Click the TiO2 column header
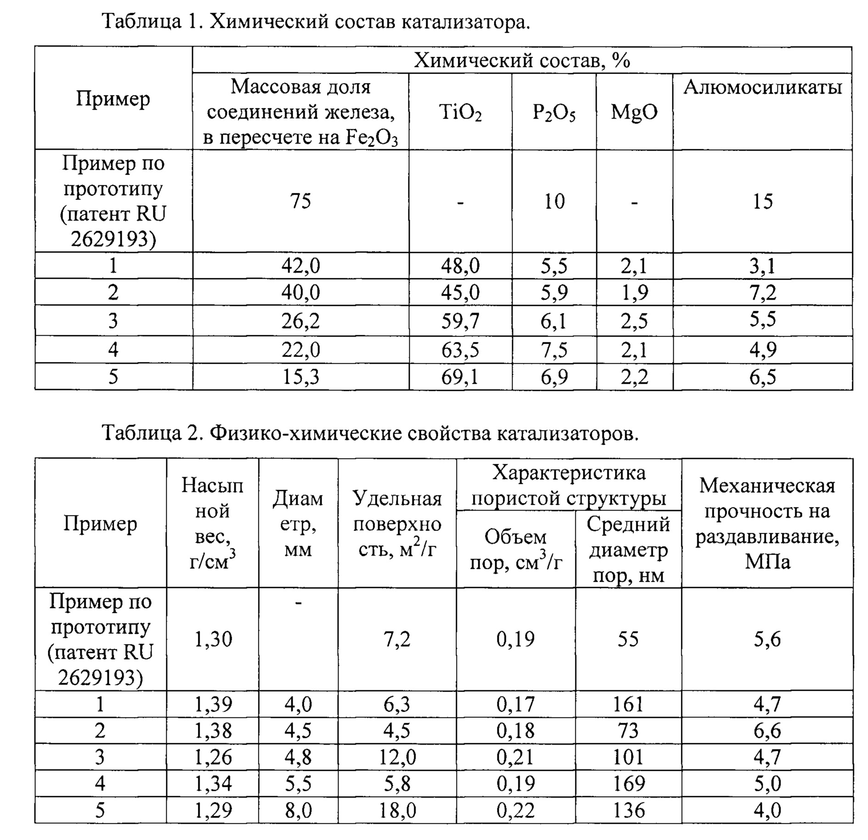(460, 112)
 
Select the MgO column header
(634, 112)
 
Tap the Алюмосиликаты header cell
(762, 87)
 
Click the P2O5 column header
(554, 112)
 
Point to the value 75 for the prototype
(301, 201)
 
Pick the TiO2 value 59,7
(460, 321)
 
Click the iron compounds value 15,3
(301, 377)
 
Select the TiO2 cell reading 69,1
(460, 377)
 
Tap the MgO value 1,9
(634, 292)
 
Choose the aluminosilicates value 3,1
(762, 266)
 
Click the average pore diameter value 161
(628, 704)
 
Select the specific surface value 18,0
(397, 810)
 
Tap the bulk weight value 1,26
(213, 757)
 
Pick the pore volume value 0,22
(516, 810)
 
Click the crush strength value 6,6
(767, 731)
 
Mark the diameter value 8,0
(298, 810)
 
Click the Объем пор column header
(516, 549)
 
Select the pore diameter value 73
(628, 731)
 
